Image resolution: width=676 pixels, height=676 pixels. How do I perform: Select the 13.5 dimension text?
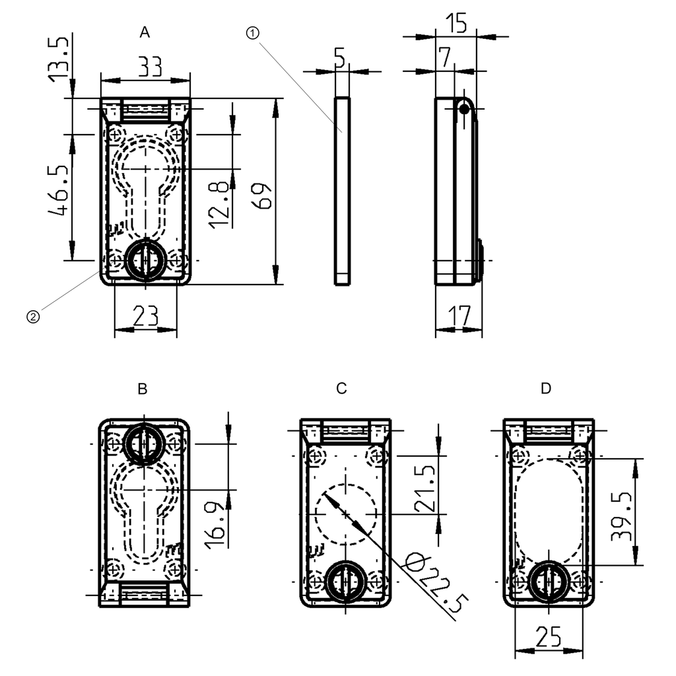pyautogui.click(x=59, y=59)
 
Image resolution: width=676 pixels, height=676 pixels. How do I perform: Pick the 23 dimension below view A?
pyautogui.click(x=146, y=316)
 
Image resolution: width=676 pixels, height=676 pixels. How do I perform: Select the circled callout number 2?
pyautogui.click(x=32, y=317)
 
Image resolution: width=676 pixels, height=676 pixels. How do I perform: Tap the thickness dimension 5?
pyautogui.click(x=339, y=59)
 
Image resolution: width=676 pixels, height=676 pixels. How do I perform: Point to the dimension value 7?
pyautogui.click(x=445, y=57)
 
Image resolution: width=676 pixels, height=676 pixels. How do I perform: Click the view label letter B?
pyautogui.click(x=142, y=389)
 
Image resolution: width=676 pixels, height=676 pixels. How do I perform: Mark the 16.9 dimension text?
pyautogui.click(x=214, y=524)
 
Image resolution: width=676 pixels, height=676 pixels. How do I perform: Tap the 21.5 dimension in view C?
pyautogui.click(x=423, y=489)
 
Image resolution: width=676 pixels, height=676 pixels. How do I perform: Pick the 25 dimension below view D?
pyautogui.click(x=549, y=637)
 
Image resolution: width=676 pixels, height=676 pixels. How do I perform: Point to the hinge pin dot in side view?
pyautogui.click(x=465, y=110)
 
